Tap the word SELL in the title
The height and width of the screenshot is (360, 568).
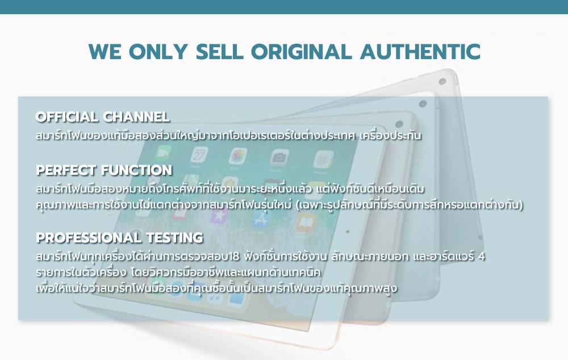[x=219, y=52]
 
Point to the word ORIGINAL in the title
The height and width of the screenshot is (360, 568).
[x=302, y=52]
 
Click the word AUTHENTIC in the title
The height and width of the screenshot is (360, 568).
[x=420, y=52]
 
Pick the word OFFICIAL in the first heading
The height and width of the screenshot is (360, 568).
[x=66, y=116]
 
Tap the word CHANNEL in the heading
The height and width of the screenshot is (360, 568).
[x=136, y=116]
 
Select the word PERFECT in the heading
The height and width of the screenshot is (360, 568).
[x=65, y=170]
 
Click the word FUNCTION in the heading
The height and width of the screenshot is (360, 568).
[x=136, y=170]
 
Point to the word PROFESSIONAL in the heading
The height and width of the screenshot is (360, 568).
[x=89, y=237]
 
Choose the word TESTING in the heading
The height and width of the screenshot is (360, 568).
[x=174, y=237]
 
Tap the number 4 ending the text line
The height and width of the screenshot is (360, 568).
[x=482, y=257]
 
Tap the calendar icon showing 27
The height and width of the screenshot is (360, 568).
[x=199, y=156]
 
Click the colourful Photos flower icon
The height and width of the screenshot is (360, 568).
[x=238, y=156]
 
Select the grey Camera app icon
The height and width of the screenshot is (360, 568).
[x=279, y=157]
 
